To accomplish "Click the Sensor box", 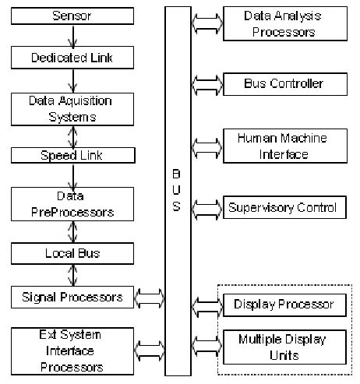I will click(71, 16).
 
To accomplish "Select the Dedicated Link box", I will click(71, 58).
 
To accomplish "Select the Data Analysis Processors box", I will click(284, 24).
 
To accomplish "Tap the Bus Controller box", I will click(284, 83).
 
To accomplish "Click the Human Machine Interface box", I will click(284, 146).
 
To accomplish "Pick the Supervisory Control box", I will click(284, 207).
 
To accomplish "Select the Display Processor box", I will click(284, 304).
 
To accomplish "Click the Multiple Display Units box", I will click(284, 346).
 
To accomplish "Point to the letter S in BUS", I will click(177, 207).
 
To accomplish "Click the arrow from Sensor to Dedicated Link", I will click(72, 37).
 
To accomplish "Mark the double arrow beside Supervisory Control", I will click(206, 207).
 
